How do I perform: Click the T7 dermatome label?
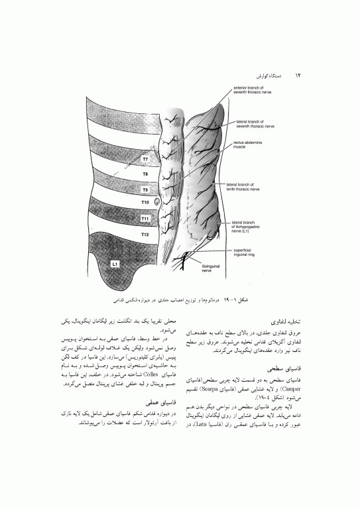145,160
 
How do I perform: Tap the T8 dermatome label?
145,176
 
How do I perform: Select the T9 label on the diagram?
145,190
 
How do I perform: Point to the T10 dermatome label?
145,203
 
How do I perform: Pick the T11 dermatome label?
145,218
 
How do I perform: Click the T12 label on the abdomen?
145,235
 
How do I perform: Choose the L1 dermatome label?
115,264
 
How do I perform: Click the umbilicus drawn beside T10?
157,201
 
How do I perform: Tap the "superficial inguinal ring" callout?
248,253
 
